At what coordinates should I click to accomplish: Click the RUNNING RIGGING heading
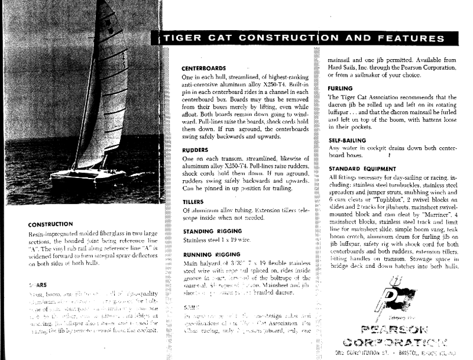(x=212, y=254)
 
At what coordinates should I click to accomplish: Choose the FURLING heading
(x=341, y=88)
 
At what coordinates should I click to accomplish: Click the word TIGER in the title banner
(x=182, y=39)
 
